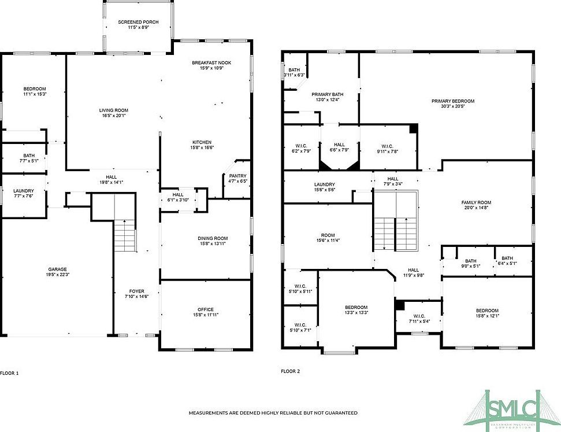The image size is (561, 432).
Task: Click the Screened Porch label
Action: [x=138, y=22]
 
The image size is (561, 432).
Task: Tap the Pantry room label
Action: [x=237, y=176]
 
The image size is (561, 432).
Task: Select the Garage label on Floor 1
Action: [x=57, y=269]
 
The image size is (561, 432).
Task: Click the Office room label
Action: [x=205, y=309]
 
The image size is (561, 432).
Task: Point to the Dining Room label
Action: [x=213, y=238]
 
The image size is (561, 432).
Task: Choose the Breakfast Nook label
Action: [x=211, y=62]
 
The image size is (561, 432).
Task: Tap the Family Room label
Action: [x=475, y=202]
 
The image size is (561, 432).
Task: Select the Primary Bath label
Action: [x=328, y=94]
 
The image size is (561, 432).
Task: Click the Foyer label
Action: [x=137, y=291]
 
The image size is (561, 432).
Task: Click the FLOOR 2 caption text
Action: [x=290, y=371]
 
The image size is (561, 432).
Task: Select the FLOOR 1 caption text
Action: [x=9, y=373]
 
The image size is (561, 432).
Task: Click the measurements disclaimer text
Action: [x=273, y=413]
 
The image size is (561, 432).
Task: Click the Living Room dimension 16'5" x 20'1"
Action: [x=113, y=115]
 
